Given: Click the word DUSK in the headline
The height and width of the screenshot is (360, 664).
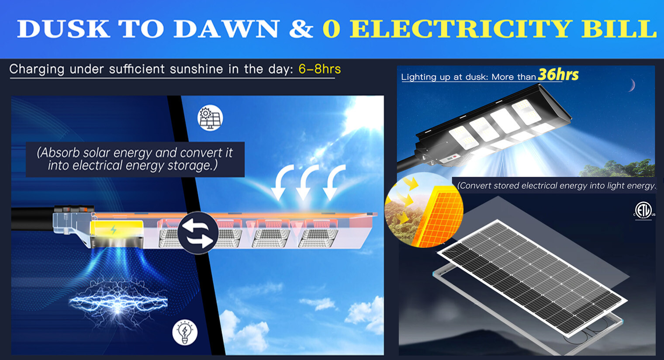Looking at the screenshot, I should tap(63, 29).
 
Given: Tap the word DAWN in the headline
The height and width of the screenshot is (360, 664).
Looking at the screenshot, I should tap(226, 29).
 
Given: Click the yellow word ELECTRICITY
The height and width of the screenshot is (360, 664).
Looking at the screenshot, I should tap(460, 29).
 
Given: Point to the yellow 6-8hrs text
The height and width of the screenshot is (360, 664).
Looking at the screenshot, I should tap(319, 69).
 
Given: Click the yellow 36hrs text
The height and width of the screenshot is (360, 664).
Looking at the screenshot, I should tap(558, 75).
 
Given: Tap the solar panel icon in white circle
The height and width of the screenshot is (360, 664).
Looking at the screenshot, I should tap(210, 118).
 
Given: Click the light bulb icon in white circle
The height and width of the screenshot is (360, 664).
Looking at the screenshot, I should tap(185, 332).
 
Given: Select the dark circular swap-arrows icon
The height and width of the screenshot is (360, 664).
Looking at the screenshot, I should tap(198, 232).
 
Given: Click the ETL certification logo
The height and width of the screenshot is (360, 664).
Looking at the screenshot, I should tap(643, 210).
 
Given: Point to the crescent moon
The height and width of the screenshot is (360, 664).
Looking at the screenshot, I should tap(632, 85).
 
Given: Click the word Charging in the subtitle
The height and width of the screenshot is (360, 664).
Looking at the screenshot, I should tap(37, 69).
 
